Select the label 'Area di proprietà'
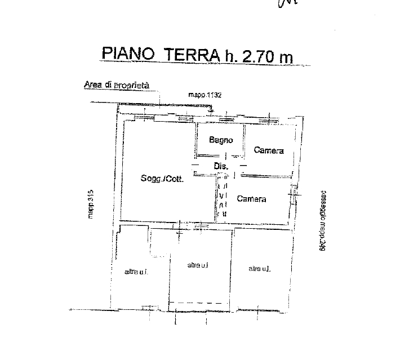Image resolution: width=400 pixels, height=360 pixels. pyautogui.click(x=116, y=85)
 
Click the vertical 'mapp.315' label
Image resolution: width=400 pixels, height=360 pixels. pyautogui.click(x=90, y=203)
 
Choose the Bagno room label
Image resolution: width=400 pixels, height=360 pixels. pyautogui.click(x=220, y=140)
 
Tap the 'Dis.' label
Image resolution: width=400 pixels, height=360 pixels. pyautogui.click(x=220, y=166)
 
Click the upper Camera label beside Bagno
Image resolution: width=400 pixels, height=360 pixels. pyautogui.click(x=268, y=150)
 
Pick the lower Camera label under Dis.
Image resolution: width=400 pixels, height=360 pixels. pyautogui.click(x=251, y=199)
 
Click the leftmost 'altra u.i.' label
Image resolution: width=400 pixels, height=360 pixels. pyautogui.click(x=136, y=272)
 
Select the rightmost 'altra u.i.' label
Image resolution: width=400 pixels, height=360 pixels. pyautogui.click(x=260, y=269)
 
